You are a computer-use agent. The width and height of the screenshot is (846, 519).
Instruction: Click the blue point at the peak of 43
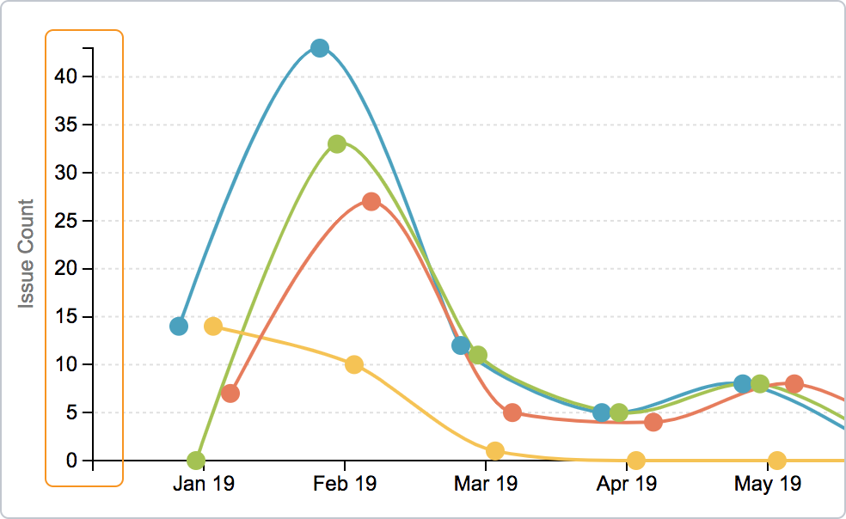coord(320,48)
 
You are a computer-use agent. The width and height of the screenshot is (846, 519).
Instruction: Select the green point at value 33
coord(337,144)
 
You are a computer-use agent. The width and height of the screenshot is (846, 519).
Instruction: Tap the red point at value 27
coord(371,202)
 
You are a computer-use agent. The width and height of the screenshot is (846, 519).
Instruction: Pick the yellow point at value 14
coord(213,327)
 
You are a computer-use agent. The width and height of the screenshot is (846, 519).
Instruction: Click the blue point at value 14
coord(179,327)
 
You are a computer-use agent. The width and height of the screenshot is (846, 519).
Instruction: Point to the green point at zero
coord(196,461)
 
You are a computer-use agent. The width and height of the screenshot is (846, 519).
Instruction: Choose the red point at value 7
coord(230,394)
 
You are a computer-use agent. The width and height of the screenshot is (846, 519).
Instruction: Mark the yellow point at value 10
coord(354,365)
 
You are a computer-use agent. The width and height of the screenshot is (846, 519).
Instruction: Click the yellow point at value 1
coord(495,451)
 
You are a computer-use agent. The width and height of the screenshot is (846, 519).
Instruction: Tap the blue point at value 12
coord(461,345)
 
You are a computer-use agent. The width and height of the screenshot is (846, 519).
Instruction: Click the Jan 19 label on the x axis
coord(204,485)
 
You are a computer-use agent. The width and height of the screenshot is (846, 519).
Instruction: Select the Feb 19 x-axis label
coord(345,485)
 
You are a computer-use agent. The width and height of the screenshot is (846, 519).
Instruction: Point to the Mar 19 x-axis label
coord(486,485)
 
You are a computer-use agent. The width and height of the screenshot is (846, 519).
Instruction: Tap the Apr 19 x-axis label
coord(627,485)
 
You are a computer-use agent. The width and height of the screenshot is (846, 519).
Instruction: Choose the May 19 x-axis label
coord(768,485)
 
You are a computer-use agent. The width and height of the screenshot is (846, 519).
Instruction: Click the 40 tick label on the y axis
coord(67,77)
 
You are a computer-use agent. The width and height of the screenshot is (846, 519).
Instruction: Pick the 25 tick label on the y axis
coord(67,221)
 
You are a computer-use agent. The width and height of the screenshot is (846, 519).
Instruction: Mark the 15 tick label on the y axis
coord(67,317)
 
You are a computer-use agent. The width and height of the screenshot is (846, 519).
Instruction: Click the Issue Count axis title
coord(27,254)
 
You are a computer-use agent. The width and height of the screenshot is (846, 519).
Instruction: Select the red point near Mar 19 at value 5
coord(512,412)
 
